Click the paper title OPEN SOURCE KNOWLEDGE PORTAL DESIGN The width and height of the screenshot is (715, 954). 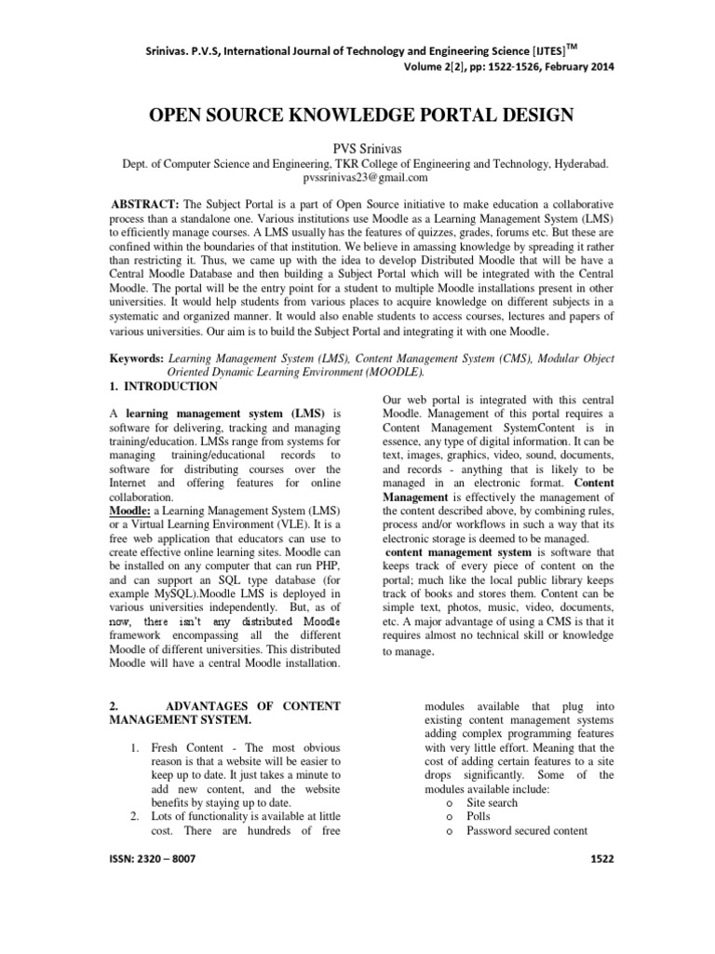(x=357, y=115)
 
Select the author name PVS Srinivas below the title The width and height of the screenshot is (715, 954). (x=357, y=145)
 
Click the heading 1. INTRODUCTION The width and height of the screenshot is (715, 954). (x=165, y=386)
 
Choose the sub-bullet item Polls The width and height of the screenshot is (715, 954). (x=479, y=815)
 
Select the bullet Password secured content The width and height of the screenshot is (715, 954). (x=527, y=830)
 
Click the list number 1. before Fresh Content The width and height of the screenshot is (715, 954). (x=134, y=749)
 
